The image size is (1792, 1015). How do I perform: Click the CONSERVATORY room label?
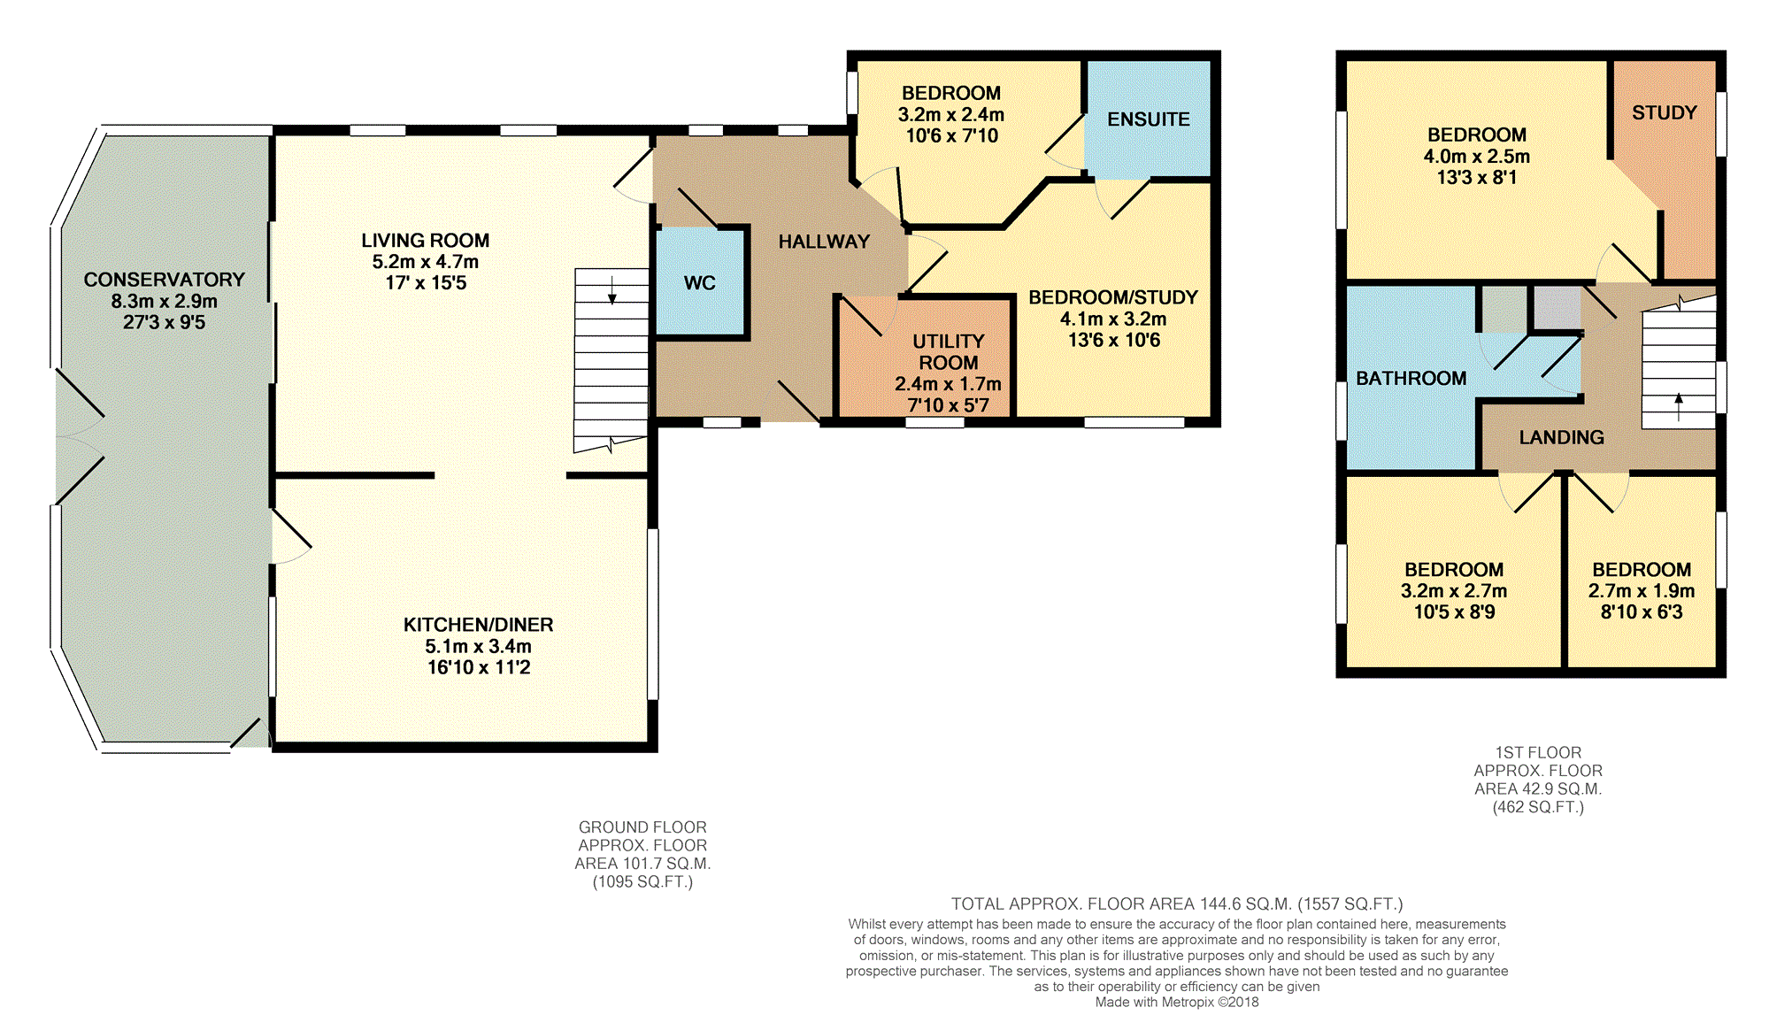[164, 280]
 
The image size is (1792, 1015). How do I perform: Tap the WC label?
[699, 283]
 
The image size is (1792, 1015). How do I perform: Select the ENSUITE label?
[1149, 119]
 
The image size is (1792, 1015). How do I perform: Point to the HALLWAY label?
[824, 242]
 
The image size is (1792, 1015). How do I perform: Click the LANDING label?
[1561, 437]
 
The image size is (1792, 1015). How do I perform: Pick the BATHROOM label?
[1411, 379]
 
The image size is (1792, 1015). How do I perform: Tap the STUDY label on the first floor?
[1664, 113]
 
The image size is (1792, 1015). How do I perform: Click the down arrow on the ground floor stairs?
[611, 289]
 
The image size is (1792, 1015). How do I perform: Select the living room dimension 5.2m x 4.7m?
[425, 262]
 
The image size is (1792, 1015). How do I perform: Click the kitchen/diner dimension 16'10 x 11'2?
[479, 667]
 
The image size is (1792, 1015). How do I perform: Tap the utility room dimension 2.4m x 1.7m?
[948, 384]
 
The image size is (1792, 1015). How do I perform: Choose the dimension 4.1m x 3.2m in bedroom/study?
[1113, 319]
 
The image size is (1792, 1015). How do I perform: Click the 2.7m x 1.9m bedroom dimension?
[1642, 591]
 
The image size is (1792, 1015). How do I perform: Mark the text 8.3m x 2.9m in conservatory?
[164, 301]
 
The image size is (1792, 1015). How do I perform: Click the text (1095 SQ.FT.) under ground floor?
[642, 881]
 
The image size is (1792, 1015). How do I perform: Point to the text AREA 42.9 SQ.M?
[1538, 788]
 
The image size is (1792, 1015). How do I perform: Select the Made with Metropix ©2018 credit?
[1177, 1002]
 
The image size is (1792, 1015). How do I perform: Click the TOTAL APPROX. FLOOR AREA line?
[1177, 904]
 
